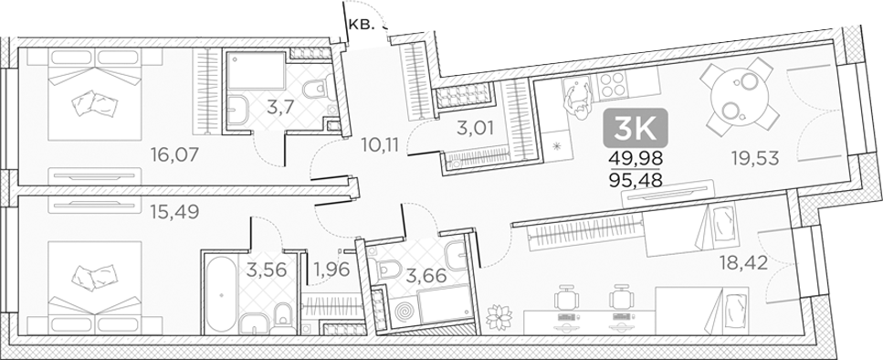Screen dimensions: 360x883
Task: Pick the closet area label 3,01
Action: click(x=475, y=128)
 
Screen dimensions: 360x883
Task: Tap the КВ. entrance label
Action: click(x=361, y=26)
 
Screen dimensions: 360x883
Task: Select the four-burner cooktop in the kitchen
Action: click(x=610, y=89)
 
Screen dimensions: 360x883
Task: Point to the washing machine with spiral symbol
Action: click(x=403, y=312)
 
